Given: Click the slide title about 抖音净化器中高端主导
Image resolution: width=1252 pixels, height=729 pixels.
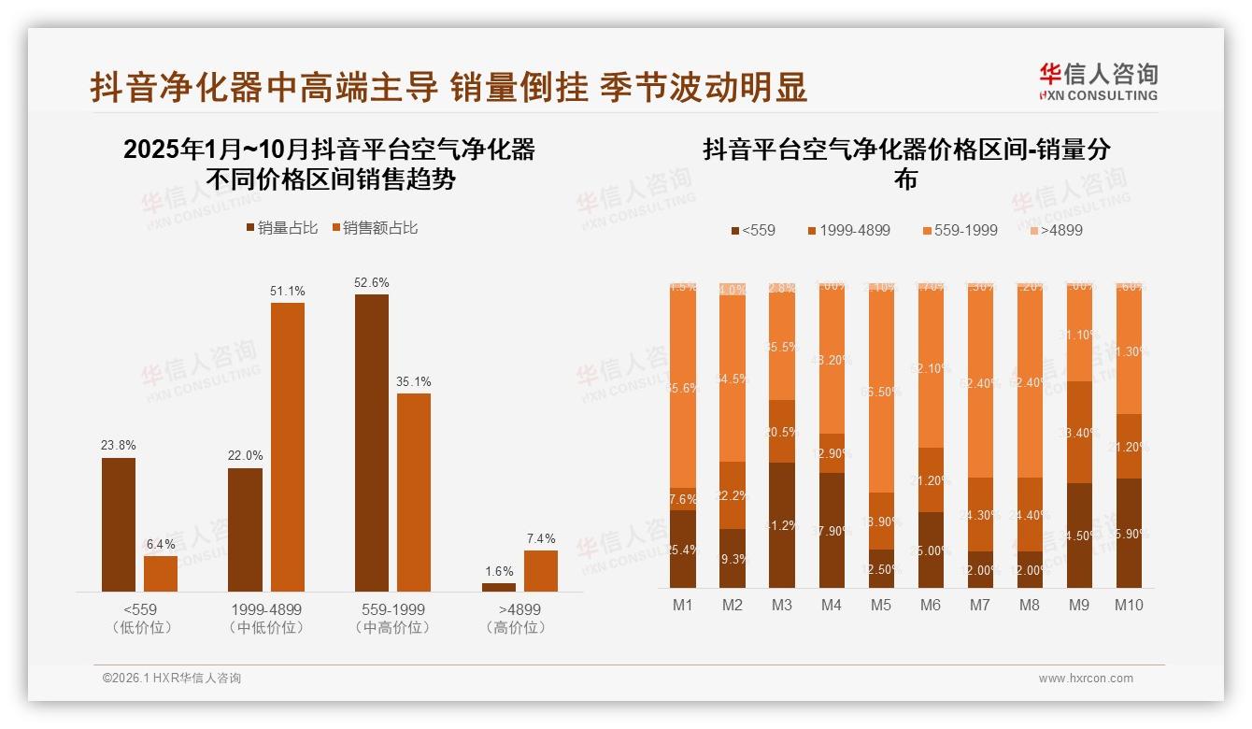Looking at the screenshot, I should pyautogui.click(x=448, y=87).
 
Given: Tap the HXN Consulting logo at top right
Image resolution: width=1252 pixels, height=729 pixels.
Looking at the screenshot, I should pyautogui.click(x=1098, y=82).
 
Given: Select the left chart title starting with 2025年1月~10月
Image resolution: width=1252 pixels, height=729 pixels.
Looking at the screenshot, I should pyautogui.click(x=329, y=164).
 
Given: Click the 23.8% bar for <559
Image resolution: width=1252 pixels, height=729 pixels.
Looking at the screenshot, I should pyautogui.click(x=119, y=524).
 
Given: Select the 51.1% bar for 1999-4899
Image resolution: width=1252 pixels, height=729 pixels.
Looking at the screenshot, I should pyautogui.click(x=288, y=447).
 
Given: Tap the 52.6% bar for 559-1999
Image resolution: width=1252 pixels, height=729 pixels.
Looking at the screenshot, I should pyautogui.click(x=372, y=443).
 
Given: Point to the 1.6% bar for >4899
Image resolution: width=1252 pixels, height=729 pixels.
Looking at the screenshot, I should pyautogui.click(x=499, y=587).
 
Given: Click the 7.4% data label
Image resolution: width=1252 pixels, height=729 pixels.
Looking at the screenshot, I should pyautogui.click(x=540, y=538).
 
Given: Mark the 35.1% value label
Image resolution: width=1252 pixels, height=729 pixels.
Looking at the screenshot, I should pyautogui.click(x=414, y=381).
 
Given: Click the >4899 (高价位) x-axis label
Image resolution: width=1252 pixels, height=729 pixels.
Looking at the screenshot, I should pyautogui.click(x=515, y=619).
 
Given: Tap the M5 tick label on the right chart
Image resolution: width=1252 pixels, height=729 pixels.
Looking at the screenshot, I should pyautogui.click(x=880, y=606).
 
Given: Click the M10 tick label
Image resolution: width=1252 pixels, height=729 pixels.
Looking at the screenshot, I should pyautogui.click(x=1129, y=606).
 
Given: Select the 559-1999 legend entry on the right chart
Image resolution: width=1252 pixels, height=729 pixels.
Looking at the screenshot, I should pyautogui.click(x=959, y=230).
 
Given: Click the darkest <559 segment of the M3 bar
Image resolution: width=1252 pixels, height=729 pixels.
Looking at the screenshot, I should pyautogui.click(x=781, y=525).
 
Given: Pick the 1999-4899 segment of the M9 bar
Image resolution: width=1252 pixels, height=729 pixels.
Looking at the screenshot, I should pyautogui.click(x=1079, y=432).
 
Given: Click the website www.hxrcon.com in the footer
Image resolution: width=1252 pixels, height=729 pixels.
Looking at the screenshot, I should pyautogui.click(x=1086, y=679).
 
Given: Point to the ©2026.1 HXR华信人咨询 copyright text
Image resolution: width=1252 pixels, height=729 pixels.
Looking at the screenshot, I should pyautogui.click(x=172, y=679).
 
